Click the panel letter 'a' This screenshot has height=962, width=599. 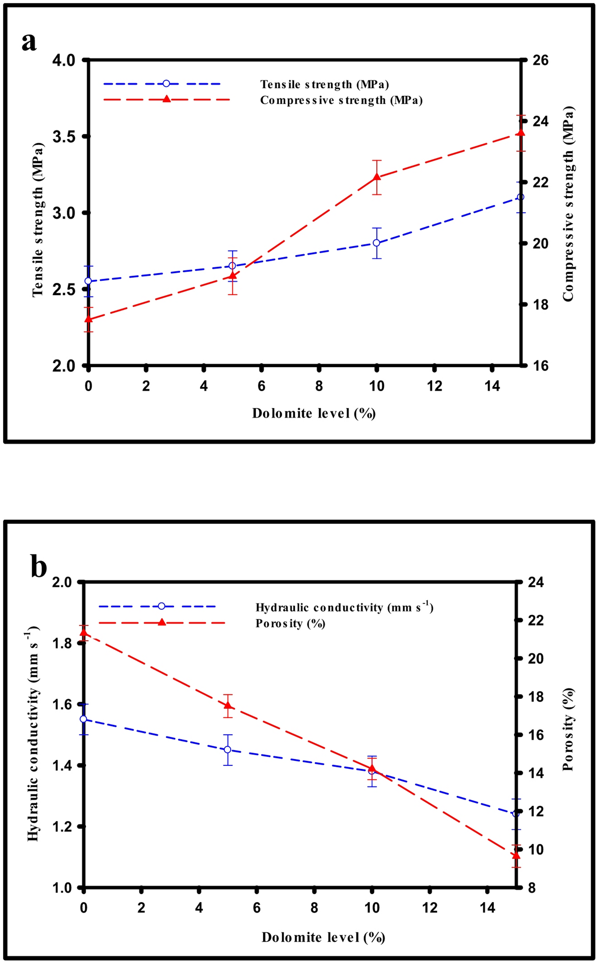tap(29, 42)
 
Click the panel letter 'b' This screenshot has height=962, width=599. tap(39, 566)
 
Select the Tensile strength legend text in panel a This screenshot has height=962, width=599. tap(324, 85)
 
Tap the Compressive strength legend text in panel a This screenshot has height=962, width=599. tap(341, 100)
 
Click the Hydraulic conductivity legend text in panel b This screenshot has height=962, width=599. tap(344, 607)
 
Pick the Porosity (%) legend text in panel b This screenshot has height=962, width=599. tap(290, 624)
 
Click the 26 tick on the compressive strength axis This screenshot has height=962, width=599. tap(541, 60)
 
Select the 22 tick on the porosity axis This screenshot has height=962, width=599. tap(536, 620)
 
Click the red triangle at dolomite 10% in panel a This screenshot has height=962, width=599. tap(377, 177)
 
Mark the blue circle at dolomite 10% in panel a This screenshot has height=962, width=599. tap(377, 243)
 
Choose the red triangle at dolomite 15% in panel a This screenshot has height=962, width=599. tap(521, 132)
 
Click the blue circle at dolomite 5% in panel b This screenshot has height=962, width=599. tap(228, 750)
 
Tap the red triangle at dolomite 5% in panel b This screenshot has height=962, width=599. tap(228, 706)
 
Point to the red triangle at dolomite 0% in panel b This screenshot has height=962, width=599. tap(84, 633)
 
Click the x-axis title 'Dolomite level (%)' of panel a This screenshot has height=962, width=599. tap(313, 414)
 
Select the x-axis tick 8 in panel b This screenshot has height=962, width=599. tap(314, 908)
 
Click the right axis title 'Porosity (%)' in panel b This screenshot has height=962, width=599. tap(568, 729)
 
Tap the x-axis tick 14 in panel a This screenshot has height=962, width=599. tap(492, 386)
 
